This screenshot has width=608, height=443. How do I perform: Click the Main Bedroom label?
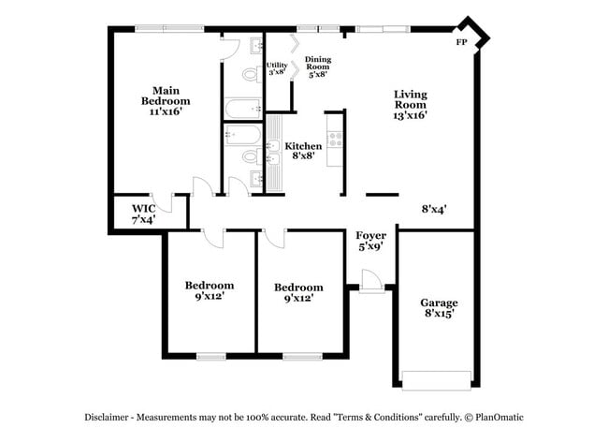point(166,100)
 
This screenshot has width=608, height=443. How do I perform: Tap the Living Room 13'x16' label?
point(410,104)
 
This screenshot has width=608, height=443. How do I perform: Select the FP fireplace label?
point(461,43)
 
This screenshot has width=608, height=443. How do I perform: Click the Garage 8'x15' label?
point(438,309)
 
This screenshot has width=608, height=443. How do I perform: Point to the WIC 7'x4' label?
point(143,214)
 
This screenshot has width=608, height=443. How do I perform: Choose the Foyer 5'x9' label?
point(371,242)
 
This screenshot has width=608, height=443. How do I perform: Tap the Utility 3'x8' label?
point(277,68)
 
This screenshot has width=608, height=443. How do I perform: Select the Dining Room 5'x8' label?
point(318,67)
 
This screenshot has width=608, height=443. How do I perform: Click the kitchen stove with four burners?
point(335,140)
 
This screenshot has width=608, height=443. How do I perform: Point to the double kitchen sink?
point(275,154)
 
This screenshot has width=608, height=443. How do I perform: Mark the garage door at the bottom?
point(435,379)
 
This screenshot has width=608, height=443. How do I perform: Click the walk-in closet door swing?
point(165,202)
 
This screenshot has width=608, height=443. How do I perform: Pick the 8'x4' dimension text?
point(434,210)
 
